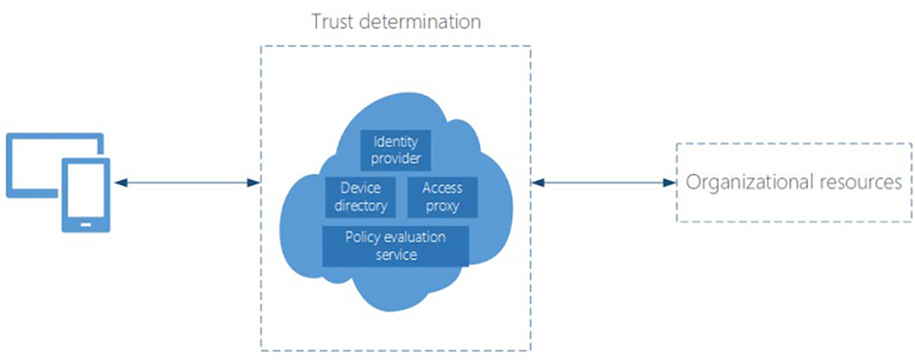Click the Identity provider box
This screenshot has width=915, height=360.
pos(395,149)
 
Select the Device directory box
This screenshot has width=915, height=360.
pos(360,197)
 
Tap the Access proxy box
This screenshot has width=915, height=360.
pos(441,197)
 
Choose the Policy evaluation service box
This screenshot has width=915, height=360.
pos(395,246)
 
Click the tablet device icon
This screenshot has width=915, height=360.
pos(86,194)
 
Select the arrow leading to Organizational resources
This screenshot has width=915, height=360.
pos(604,182)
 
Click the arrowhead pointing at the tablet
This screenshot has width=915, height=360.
pos(119,182)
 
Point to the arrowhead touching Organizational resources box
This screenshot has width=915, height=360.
pos(669,182)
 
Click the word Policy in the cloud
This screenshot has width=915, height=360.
pos(362,237)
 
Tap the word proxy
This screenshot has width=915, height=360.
pos(441,206)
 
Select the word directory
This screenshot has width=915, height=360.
pos(360,206)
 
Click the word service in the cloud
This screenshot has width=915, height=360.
pos(395,255)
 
